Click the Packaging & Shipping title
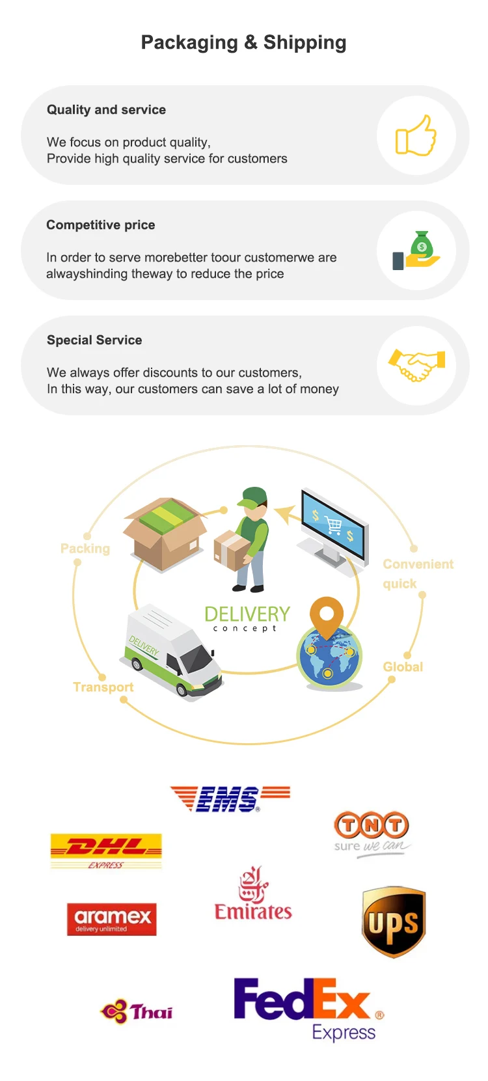click(243, 43)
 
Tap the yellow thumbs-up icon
click(416, 135)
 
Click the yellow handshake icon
click(416, 364)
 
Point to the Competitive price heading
click(101, 225)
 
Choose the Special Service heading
click(94, 340)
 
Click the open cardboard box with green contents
click(165, 533)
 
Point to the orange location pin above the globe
click(327, 615)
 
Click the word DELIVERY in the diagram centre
click(247, 614)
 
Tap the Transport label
click(103, 687)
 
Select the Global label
click(403, 667)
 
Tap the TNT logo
click(372, 832)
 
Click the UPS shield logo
click(394, 922)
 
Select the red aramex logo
click(112, 919)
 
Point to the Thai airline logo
click(137, 1012)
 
